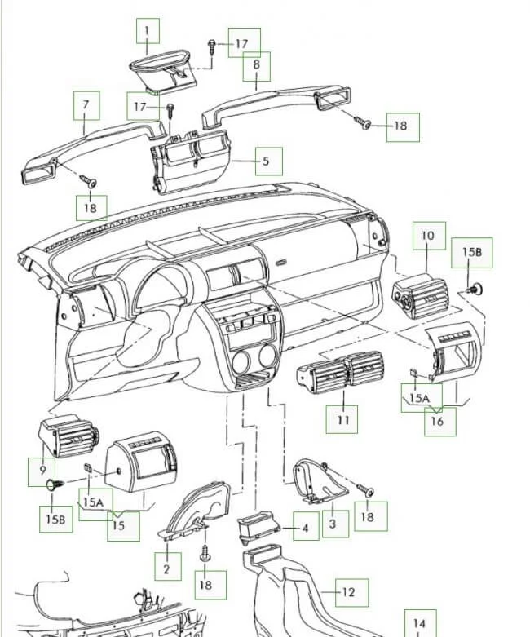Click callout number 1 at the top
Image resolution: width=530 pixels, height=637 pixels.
(148, 33)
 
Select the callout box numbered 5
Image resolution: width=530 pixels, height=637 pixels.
(265, 161)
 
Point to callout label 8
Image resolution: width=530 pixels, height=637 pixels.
(257, 64)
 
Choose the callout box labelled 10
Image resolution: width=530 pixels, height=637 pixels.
(428, 236)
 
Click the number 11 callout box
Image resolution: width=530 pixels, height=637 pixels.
(342, 420)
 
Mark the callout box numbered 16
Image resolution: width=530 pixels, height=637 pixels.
(437, 421)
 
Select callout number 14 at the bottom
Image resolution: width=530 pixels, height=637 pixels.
(419, 624)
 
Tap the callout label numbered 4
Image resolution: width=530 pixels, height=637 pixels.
(305, 529)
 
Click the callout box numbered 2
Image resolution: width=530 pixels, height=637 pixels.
(166, 568)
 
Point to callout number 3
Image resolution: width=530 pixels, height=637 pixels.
(332, 523)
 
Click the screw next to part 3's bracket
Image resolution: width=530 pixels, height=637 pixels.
(365, 489)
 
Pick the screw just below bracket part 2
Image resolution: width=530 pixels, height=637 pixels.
(203, 555)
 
